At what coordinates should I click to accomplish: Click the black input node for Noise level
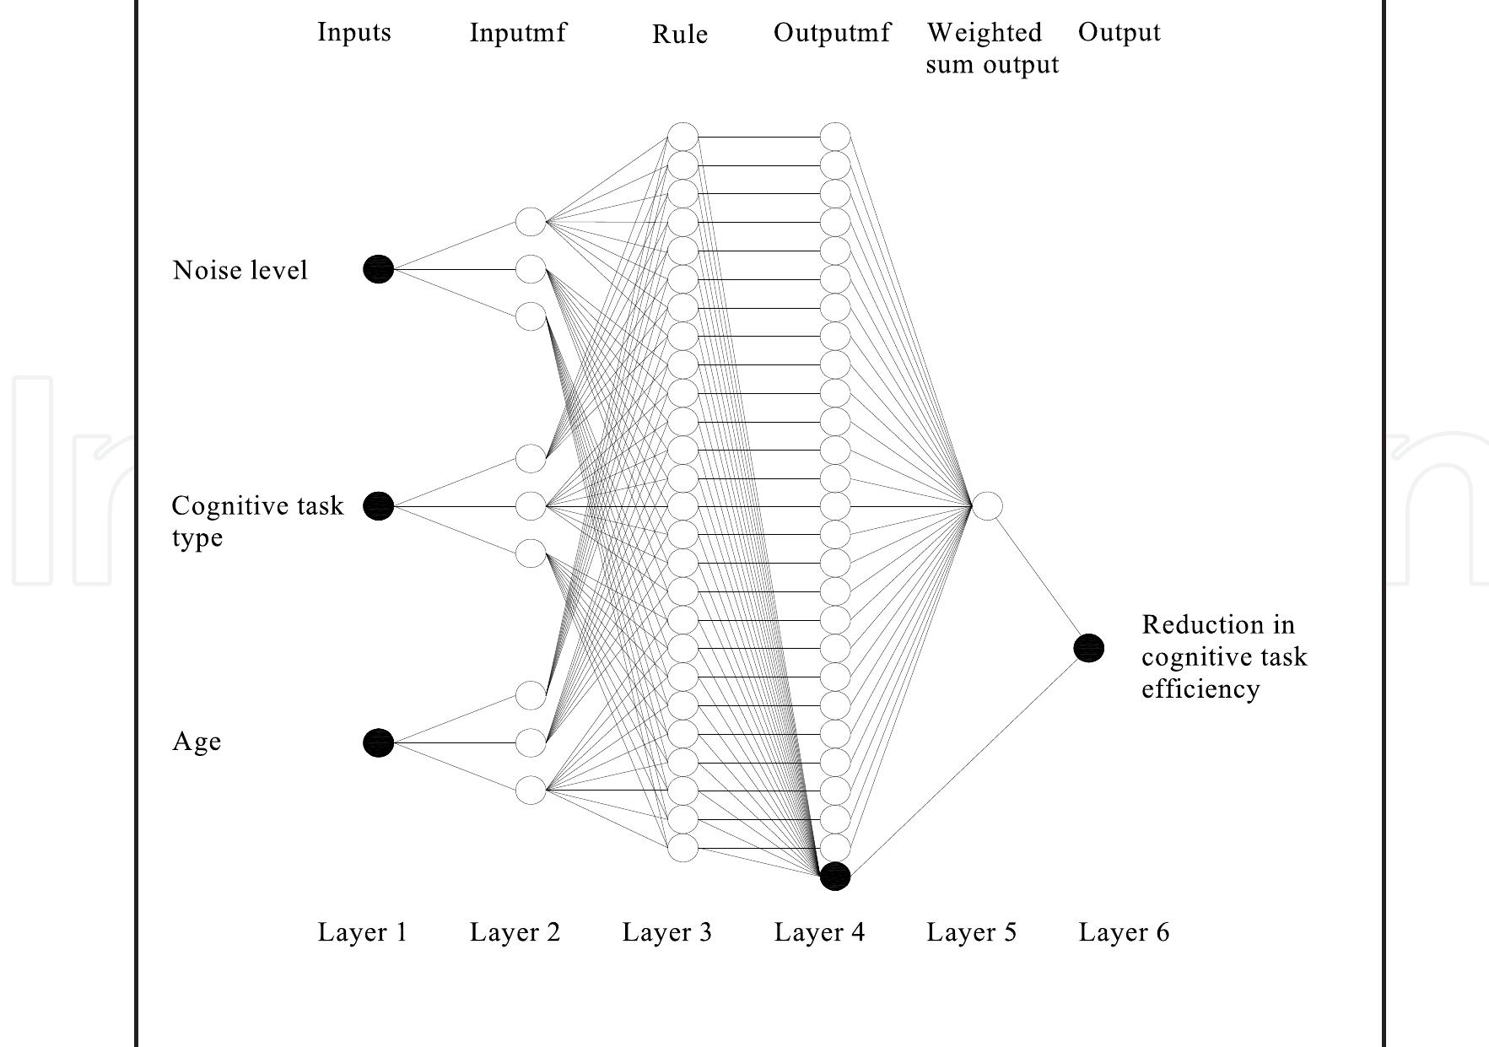(x=379, y=269)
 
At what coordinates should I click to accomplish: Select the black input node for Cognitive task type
(x=379, y=505)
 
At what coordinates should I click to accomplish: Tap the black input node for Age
(x=379, y=742)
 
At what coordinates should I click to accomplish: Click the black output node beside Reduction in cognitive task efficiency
(x=1089, y=648)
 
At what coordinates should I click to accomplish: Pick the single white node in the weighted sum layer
(x=988, y=506)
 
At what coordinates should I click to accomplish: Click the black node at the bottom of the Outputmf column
(x=835, y=877)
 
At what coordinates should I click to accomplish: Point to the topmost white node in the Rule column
(x=683, y=137)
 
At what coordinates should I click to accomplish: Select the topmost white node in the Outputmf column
(x=835, y=137)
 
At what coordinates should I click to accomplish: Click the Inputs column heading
(x=354, y=33)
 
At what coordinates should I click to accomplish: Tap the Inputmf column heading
(x=518, y=33)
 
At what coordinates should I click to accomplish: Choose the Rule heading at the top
(x=680, y=35)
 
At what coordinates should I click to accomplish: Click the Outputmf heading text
(x=832, y=33)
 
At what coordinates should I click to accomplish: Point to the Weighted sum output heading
(x=992, y=48)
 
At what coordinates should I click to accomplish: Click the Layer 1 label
(x=363, y=932)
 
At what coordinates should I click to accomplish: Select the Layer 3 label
(x=667, y=932)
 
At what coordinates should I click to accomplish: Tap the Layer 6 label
(x=1125, y=932)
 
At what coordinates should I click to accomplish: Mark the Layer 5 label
(x=972, y=932)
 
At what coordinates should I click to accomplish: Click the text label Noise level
(x=240, y=270)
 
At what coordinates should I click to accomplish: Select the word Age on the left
(x=197, y=742)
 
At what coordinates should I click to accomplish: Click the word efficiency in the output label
(x=1200, y=689)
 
